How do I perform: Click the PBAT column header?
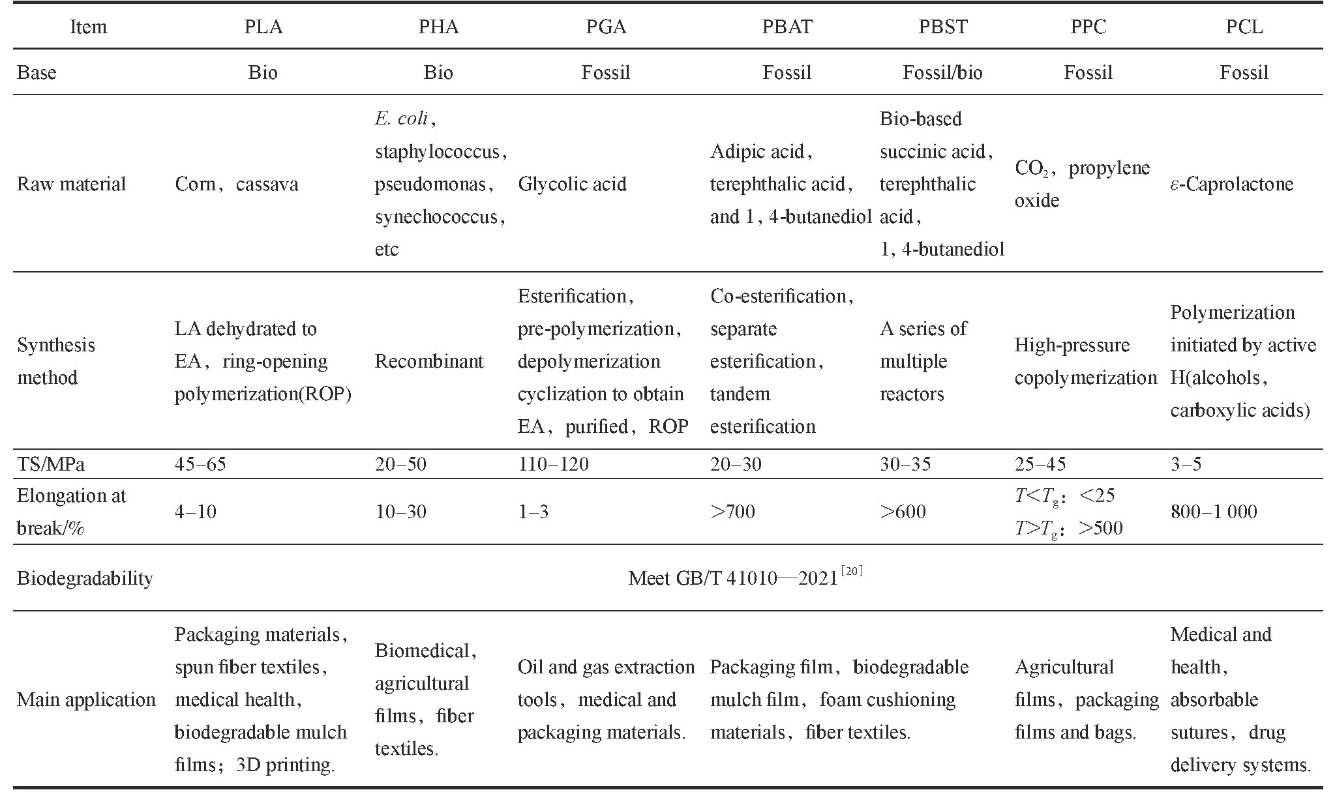pos(787,27)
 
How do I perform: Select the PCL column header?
pos(1244,27)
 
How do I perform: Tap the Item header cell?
pos(88,27)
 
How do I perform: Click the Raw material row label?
pos(71,184)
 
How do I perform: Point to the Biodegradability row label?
pos(85,578)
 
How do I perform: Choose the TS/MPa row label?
pos(51,464)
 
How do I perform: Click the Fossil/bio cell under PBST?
pos(942,72)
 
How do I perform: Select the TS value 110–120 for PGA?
pos(553,464)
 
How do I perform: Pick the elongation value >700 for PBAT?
pos(732,512)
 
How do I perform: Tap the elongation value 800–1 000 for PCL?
pos(1214,512)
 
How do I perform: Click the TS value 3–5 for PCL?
pos(1186,464)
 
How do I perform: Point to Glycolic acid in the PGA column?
pos(572,184)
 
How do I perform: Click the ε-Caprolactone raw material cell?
pos(1231,184)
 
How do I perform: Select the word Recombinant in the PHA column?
pos(429,361)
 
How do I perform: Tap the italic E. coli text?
pos(402,119)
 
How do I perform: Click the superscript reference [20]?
pos(852,572)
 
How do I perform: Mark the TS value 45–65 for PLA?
pos(200,464)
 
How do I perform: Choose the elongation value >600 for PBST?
pos(903,512)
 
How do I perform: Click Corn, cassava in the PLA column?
pos(237,184)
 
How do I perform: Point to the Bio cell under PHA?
pos(438,72)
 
